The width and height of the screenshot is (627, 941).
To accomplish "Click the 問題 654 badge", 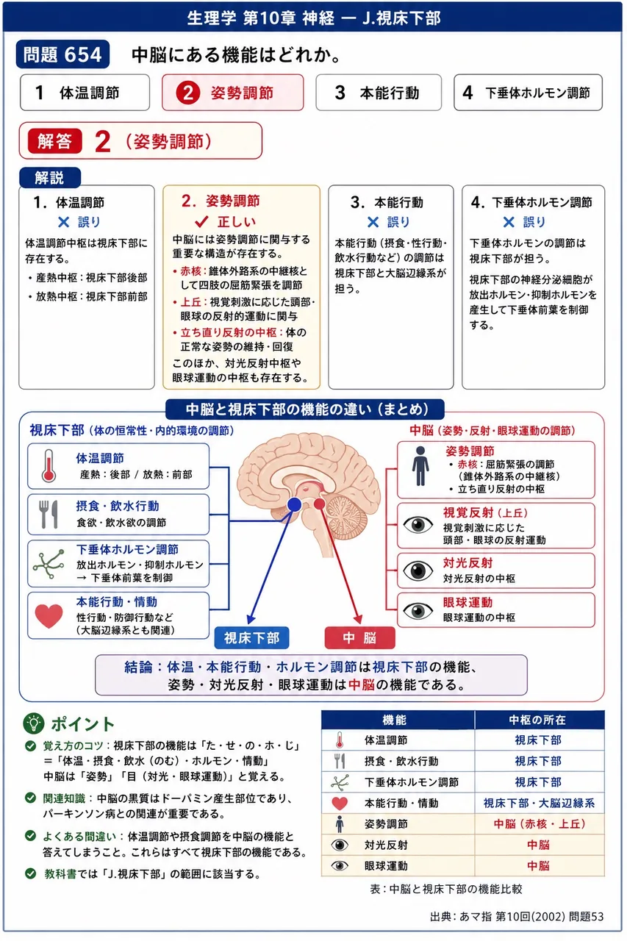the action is click(x=62, y=54).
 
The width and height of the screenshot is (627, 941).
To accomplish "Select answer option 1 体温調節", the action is click(x=85, y=93).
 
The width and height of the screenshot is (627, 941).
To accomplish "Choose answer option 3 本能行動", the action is click(x=379, y=93).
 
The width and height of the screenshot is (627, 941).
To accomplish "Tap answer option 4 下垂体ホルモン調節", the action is click(x=528, y=93).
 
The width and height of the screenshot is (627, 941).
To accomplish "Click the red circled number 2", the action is click(x=187, y=93).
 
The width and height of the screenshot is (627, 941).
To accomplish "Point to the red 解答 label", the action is click(x=54, y=141).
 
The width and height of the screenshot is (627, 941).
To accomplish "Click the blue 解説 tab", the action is click(x=49, y=177).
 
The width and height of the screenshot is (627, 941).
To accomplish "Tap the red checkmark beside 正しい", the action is click(x=202, y=221).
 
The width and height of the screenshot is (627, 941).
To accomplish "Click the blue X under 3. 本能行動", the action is click(x=373, y=222).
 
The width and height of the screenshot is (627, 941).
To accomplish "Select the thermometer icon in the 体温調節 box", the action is click(x=49, y=465).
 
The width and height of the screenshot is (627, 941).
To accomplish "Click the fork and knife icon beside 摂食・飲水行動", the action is click(x=49, y=514).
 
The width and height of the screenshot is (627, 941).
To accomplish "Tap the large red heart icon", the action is click(x=49, y=616).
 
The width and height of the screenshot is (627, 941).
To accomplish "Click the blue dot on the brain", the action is click(x=295, y=504).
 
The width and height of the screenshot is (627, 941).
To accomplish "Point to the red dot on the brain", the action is click(x=319, y=504).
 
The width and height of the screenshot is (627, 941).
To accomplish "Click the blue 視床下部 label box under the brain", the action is click(x=251, y=638).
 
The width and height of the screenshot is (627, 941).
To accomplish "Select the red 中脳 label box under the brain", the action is click(x=360, y=638).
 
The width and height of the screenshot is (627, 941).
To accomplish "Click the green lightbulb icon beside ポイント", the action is click(x=34, y=723).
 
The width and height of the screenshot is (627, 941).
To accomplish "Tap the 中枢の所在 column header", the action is click(x=540, y=720).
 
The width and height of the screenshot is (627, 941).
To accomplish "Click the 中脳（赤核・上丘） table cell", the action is click(x=540, y=824).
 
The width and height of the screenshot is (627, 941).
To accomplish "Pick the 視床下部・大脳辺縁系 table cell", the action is click(x=540, y=804).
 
